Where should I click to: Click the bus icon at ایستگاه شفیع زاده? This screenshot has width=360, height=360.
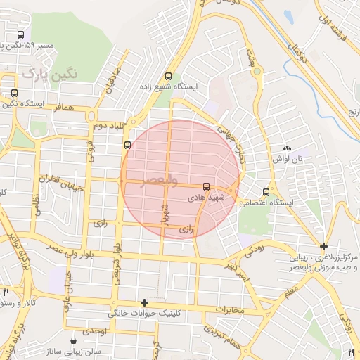click(167, 77)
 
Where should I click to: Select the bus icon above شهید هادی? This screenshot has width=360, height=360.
click(206, 187)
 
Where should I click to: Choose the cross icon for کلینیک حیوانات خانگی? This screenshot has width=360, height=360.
click(144, 302)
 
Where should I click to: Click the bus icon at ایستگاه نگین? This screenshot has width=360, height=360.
click(15, 93)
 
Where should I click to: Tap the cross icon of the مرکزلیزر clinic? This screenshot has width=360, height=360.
click(323, 246)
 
